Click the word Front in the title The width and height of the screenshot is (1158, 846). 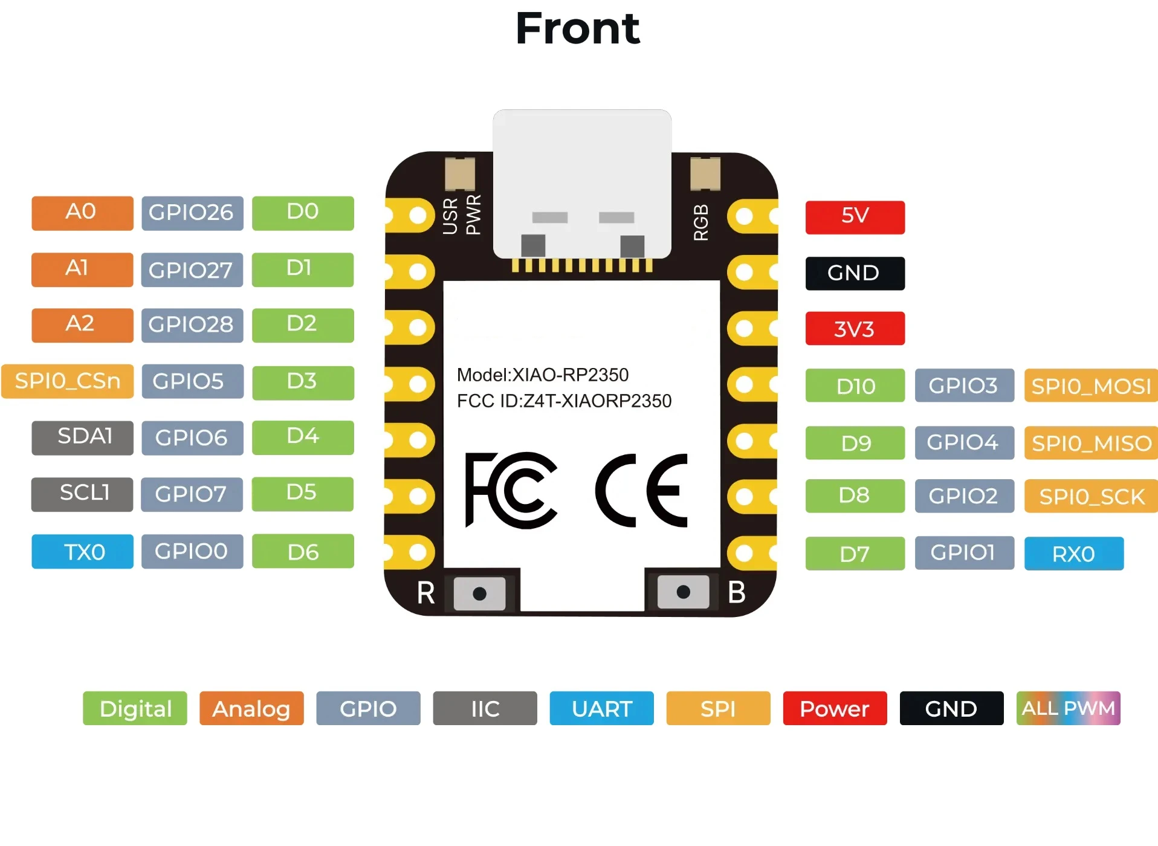point(577,28)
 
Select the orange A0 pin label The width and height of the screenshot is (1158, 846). point(82,213)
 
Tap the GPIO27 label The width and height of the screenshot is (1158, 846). point(192,270)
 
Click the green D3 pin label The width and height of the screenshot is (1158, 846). point(302,382)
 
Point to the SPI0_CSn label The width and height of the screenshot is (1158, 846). point(68,381)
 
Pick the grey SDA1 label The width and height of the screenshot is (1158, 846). point(82,438)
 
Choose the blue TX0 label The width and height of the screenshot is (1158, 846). point(82,551)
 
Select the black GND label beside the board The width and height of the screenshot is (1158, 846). point(855,273)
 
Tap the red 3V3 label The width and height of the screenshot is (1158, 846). point(855,328)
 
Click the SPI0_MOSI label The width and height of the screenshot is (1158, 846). point(1091,386)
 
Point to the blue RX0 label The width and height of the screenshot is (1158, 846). point(1073,554)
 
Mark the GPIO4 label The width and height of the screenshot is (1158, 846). point(964,442)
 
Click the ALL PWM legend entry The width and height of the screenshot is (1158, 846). point(1068,708)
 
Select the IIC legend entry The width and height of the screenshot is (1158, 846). point(485,708)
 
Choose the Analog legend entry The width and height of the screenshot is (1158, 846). point(251,708)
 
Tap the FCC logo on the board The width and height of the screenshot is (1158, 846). point(511,489)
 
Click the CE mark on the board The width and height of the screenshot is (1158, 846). point(642,489)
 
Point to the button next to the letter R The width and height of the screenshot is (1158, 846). point(479,593)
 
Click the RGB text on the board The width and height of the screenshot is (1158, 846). point(700,222)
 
